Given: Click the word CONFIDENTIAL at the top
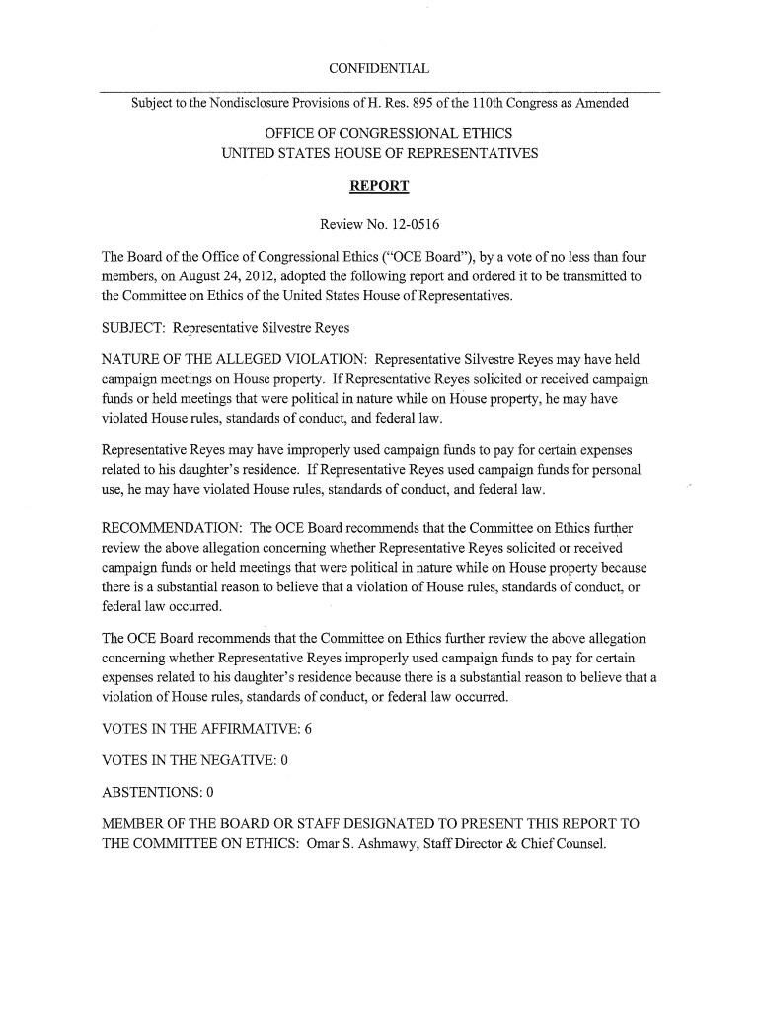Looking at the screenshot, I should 380,68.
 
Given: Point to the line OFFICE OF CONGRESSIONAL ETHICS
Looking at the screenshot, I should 380,135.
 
